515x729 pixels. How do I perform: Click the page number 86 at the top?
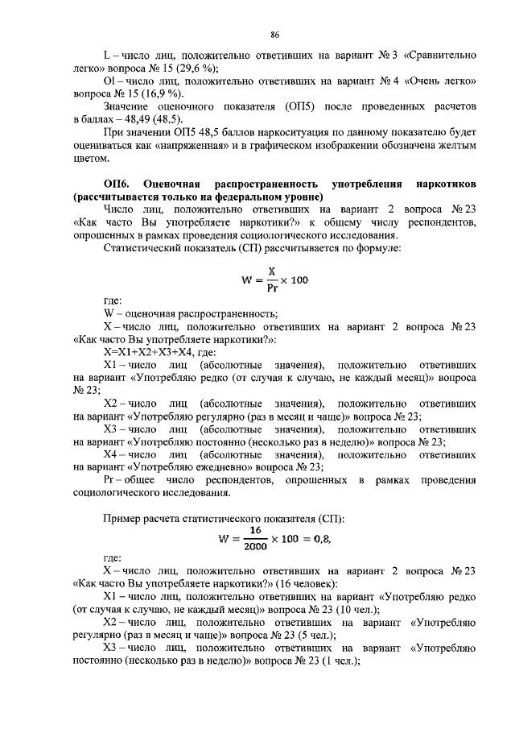274,35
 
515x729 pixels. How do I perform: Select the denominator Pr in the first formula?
272,288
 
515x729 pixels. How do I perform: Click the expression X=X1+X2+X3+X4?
145,352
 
